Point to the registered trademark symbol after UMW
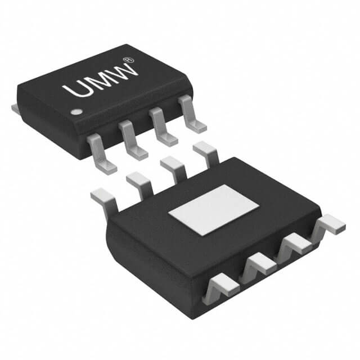129,58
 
